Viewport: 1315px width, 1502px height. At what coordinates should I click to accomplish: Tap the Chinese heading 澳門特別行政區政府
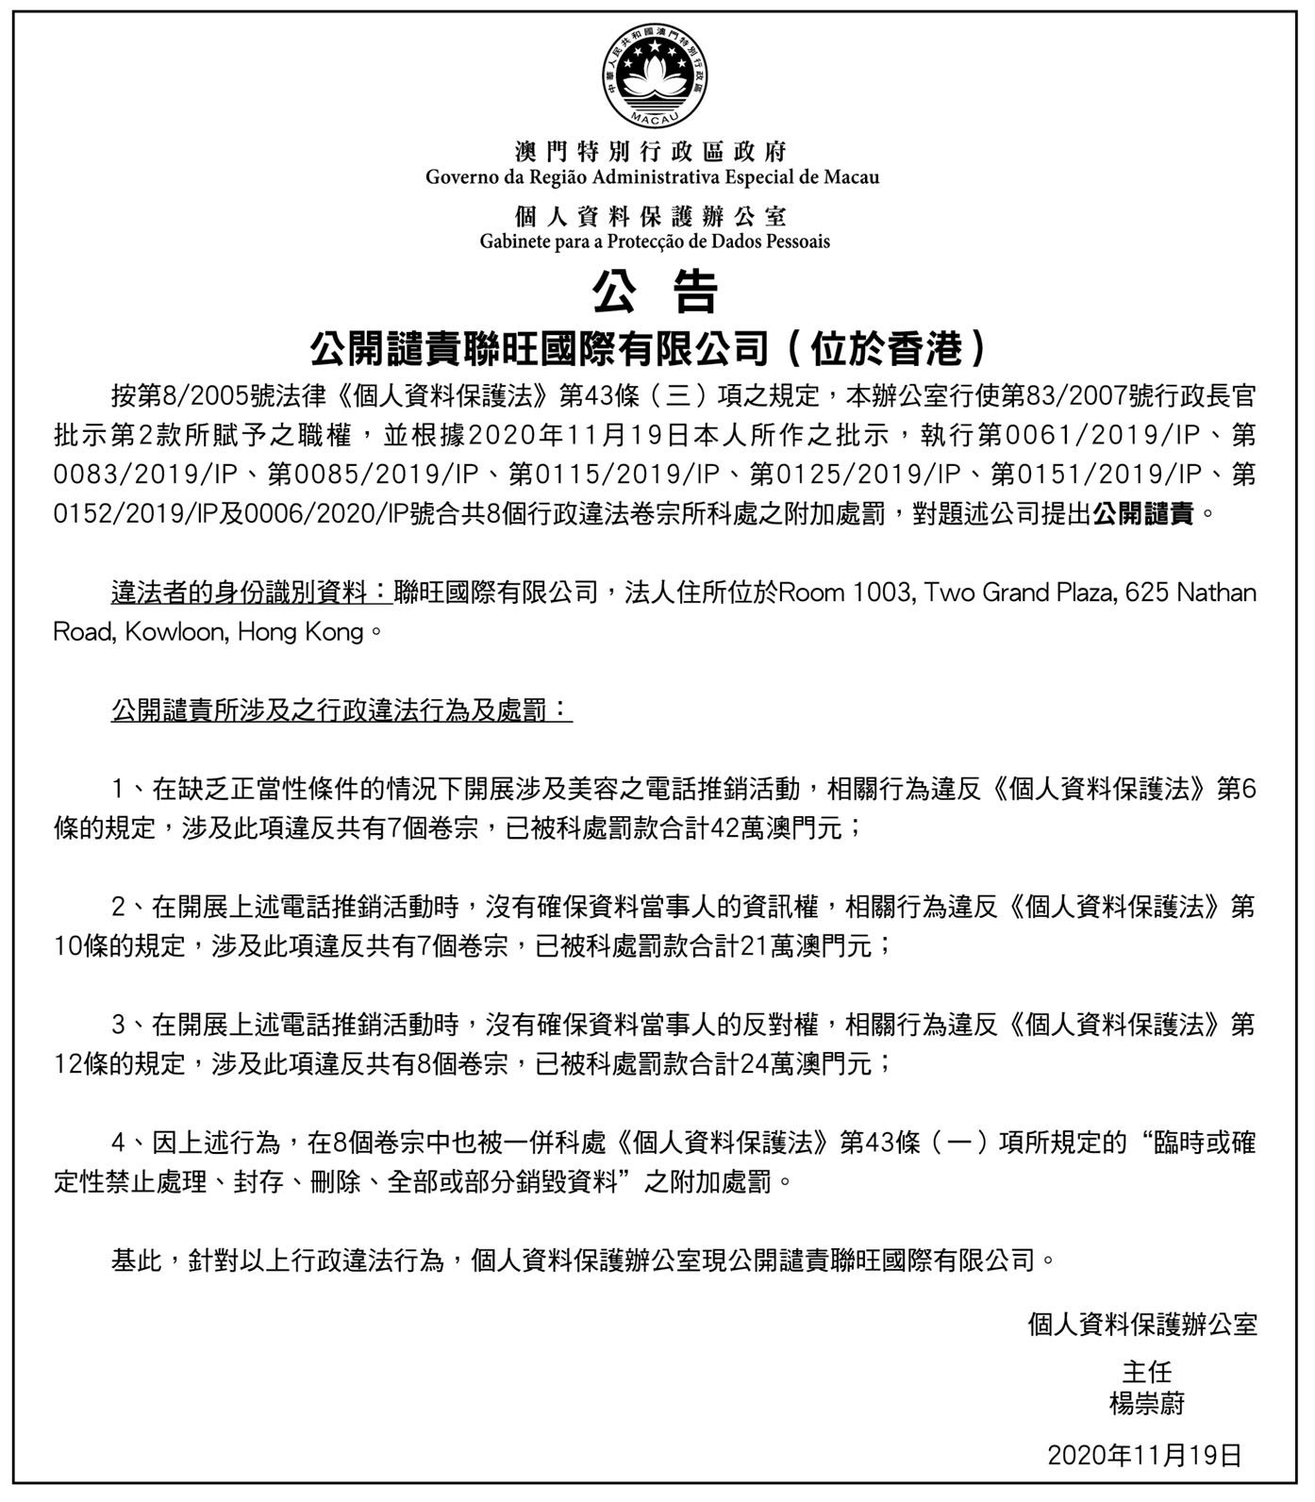point(651,152)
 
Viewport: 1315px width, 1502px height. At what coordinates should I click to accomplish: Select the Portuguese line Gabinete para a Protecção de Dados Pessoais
point(655,242)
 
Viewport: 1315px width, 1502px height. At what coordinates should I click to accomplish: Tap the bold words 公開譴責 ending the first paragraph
point(1143,513)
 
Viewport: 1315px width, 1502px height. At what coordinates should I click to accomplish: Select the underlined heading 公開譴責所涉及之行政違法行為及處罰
point(341,709)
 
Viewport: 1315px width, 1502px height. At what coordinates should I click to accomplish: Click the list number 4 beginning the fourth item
point(119,1143)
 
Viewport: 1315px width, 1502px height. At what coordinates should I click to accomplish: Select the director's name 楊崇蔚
point(1146,1404)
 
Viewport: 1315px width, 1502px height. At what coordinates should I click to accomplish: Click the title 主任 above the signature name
point(1146,1371)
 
